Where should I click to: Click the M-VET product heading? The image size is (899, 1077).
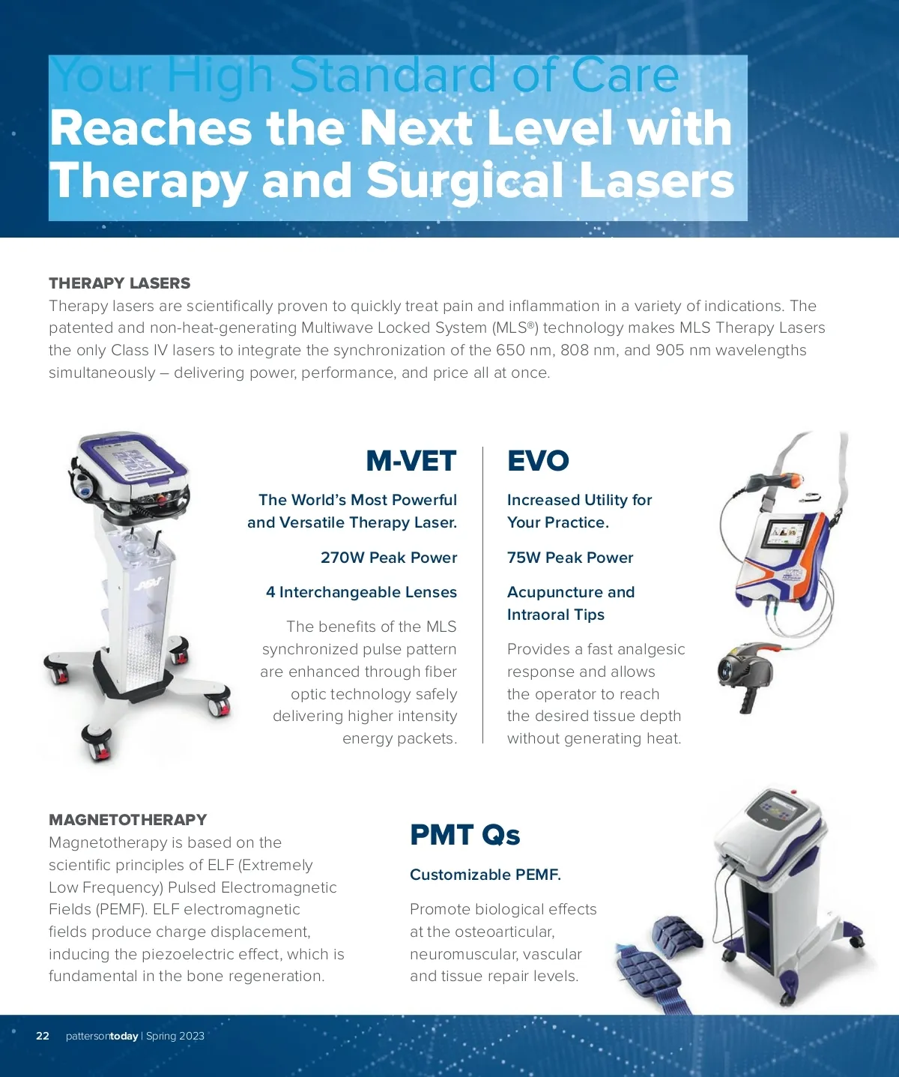click(x=411, y=461)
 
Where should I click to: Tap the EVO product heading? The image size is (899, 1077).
click(x=538, y=461)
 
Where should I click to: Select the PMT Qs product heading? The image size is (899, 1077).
click(x=464, y=835)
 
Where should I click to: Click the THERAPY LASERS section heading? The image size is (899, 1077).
click(x=120, y=283)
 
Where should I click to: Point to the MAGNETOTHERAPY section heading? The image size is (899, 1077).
click(x=128, y=820)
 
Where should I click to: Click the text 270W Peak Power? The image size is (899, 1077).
click(x=389, y=558)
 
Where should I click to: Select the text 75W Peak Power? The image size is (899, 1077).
click(x=570, y=558)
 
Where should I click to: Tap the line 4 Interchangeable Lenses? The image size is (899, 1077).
click(x=362, y=592)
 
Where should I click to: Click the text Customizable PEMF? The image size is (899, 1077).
click(x=485, y=875)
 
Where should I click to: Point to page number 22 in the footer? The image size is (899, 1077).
click(x=43, y=1036)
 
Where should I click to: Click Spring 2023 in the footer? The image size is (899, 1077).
click(x=175, y=1036)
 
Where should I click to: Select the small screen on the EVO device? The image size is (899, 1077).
click(x=789, y=537)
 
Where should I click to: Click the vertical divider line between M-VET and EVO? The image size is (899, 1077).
click(x=482, y=595)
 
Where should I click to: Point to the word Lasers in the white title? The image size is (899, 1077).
click(x=656, y=180)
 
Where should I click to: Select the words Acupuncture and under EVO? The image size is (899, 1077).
click(x=571, y=592)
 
